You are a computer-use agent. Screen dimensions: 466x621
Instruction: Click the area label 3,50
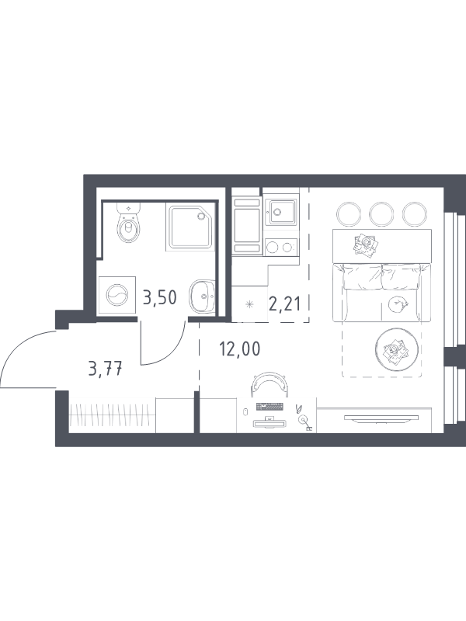[159, 297]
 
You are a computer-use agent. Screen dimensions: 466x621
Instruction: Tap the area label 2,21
[284, 304]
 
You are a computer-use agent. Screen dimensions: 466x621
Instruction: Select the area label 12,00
[240, 349]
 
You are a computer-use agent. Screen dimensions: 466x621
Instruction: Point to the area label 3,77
[106, 370]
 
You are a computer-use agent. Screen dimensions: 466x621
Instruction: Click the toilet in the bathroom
[128, 223]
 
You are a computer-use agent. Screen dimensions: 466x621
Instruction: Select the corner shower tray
[191, 227]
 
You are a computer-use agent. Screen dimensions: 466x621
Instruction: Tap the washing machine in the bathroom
[117, 296]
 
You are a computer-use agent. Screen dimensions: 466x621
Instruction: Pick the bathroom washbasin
[203, 296]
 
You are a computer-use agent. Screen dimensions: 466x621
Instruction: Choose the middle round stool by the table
[381, 214]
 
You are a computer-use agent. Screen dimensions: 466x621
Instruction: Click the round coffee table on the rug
[397, 349]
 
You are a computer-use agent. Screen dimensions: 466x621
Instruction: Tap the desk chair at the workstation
[269, 383]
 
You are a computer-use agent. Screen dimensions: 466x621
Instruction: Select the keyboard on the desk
[270, 406]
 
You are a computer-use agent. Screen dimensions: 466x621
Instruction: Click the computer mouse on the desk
[245, 411]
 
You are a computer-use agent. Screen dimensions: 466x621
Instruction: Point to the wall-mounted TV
[381, 418]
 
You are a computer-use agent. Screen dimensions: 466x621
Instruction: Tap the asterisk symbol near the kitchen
[249, 304]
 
